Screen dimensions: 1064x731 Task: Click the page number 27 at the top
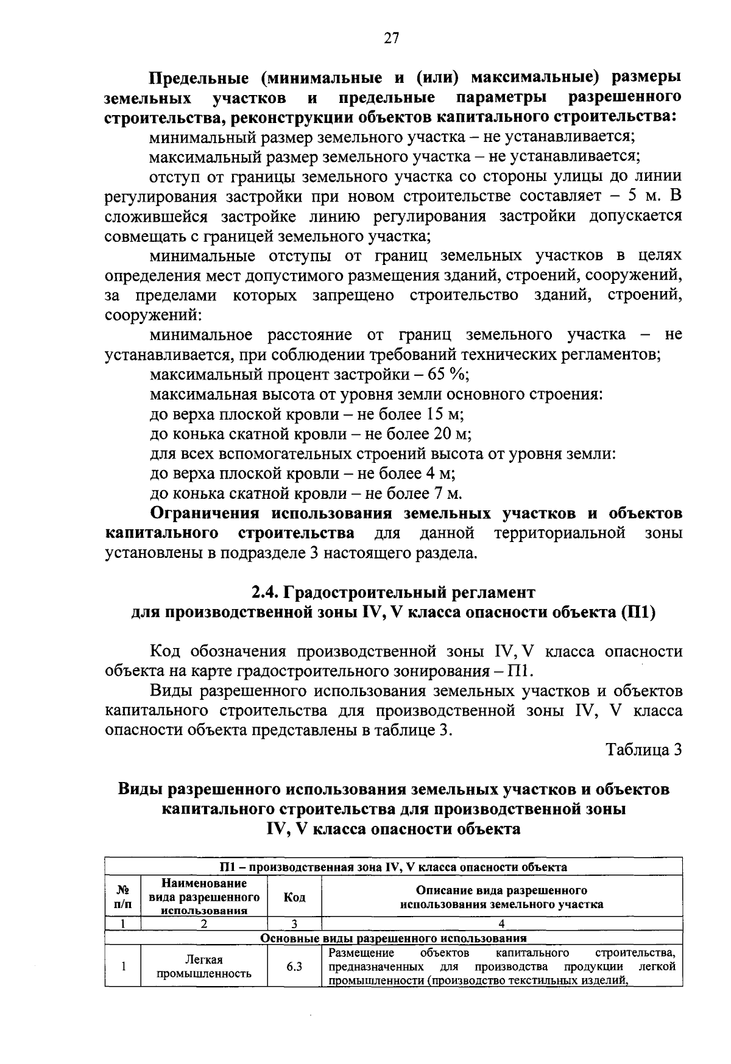391,38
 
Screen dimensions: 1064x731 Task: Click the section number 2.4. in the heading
266,592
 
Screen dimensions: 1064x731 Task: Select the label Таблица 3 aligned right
643,750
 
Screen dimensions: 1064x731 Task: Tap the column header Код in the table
295,898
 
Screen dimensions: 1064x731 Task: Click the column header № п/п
122,898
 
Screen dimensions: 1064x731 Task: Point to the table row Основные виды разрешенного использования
393,938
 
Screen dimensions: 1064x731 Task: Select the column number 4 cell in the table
501,924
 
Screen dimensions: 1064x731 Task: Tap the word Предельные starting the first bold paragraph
198,78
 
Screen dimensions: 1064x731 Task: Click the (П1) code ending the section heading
638,612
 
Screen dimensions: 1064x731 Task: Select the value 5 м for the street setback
640,197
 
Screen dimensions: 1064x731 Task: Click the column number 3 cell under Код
295,924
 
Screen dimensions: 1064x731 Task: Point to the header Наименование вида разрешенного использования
204,898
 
